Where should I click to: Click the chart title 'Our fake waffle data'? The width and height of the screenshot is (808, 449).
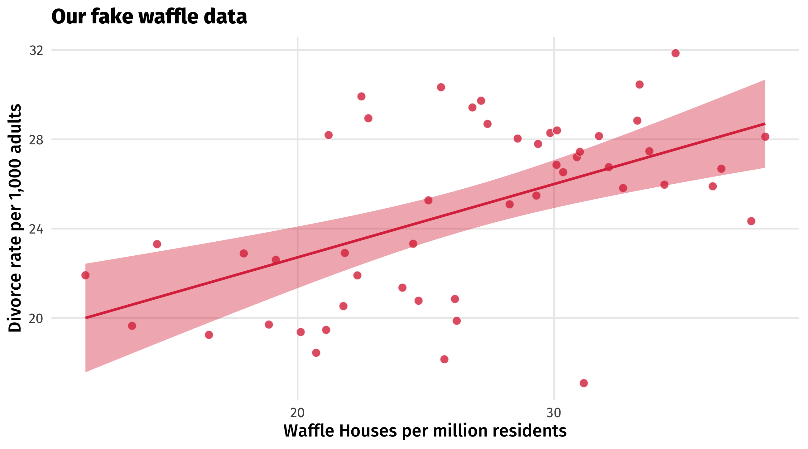click(x=149, y=17)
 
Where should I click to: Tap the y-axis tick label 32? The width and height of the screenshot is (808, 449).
click(x=36, y=51)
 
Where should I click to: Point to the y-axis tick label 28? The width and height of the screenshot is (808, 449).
click(x=36, y=140)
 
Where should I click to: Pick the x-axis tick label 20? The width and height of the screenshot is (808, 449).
click(x=297, y=413)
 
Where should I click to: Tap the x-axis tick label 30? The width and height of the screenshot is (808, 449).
click(x=554, y=413)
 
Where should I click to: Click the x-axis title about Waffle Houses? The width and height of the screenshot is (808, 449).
click(x=425, y=431)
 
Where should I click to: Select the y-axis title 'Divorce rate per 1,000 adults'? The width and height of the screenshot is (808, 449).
click(x=15, y=218)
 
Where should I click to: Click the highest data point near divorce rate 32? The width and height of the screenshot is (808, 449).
click(x=675, y=53)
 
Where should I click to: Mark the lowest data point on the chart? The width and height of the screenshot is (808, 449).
click(x=584, y=383)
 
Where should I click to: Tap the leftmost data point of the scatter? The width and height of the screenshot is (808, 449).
click(x=85, y=275)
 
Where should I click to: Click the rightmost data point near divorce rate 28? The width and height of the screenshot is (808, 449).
click(x=765, y=137)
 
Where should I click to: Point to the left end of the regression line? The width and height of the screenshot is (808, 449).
click(x=86, y=318)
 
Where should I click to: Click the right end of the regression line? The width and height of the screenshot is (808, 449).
click(x=765, y=124)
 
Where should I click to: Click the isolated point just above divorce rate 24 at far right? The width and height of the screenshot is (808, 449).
click(x=751, y=221)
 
